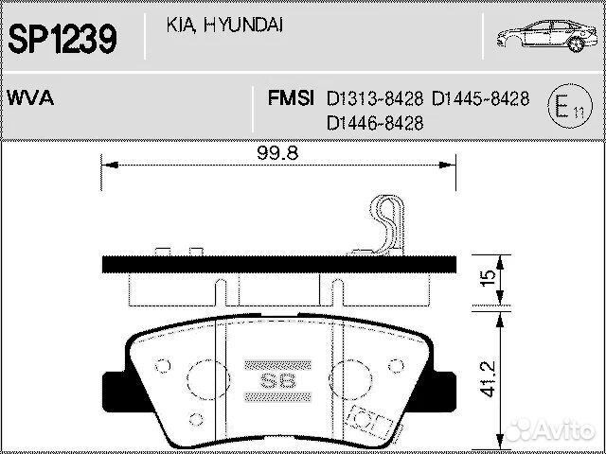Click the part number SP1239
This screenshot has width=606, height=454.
pos(62,39)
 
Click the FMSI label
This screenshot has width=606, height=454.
pos(291,98)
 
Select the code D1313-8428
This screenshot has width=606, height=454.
pos(375,98)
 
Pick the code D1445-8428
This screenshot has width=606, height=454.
pos(480,98)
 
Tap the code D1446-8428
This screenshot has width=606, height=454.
pos(375,123)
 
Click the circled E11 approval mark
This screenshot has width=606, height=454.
pos(568,107)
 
